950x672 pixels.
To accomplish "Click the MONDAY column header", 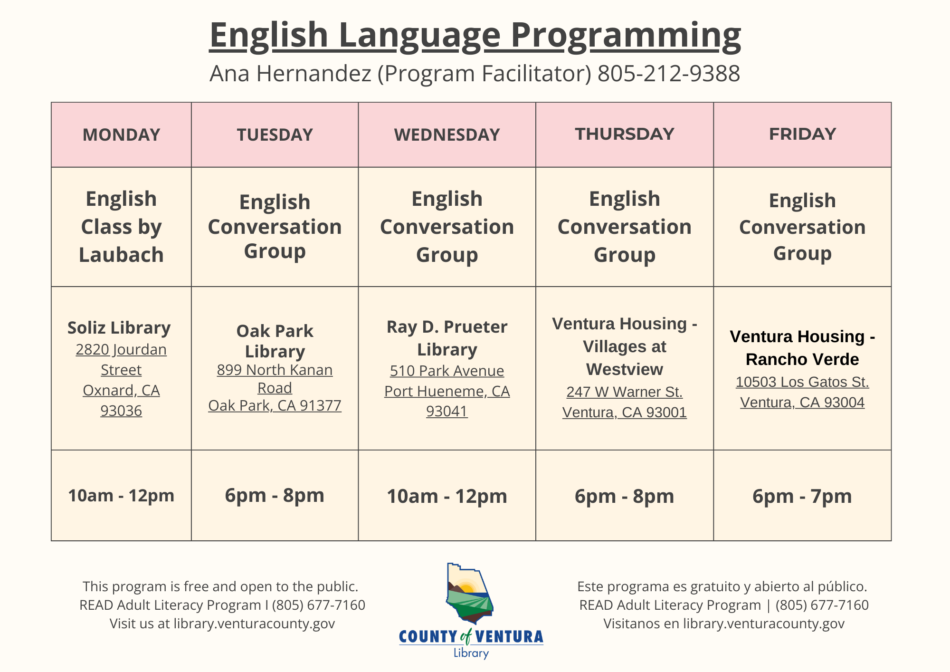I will click(x=121, y=135).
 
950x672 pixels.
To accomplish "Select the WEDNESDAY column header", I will click(x=446, y=135).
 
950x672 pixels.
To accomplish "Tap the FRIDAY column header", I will click(x=802, y=134).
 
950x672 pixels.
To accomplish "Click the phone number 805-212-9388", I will click(x=668, y=74).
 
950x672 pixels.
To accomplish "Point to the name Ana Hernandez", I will click(x=290, y=74).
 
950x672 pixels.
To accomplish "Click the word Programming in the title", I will click(x=625, y=35).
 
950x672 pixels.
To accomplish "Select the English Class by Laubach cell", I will click(x=121, y=227).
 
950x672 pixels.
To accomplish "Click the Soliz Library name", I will click(x=119, y=328).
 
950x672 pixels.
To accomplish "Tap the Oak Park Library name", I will click(x=275, y=341).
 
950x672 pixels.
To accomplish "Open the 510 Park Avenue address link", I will click(x=446, y=371).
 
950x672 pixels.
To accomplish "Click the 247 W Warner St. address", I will click(x=624, y=392).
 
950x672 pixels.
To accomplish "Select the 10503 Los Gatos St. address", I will click(x=802, y=382).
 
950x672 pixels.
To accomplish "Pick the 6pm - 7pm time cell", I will click(x=802, y=496).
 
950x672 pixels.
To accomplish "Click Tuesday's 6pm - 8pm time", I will click(x=275, y=495).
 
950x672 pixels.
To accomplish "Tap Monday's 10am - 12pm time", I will click(x=121, y=496).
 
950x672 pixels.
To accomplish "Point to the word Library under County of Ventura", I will click(x=471, y=653).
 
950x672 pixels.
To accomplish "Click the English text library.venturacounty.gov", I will click(x=254, y=624).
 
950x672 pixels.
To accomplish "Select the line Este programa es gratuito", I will click(x=722, y=586).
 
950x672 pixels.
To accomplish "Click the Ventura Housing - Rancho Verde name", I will click(x=802, y=348).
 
